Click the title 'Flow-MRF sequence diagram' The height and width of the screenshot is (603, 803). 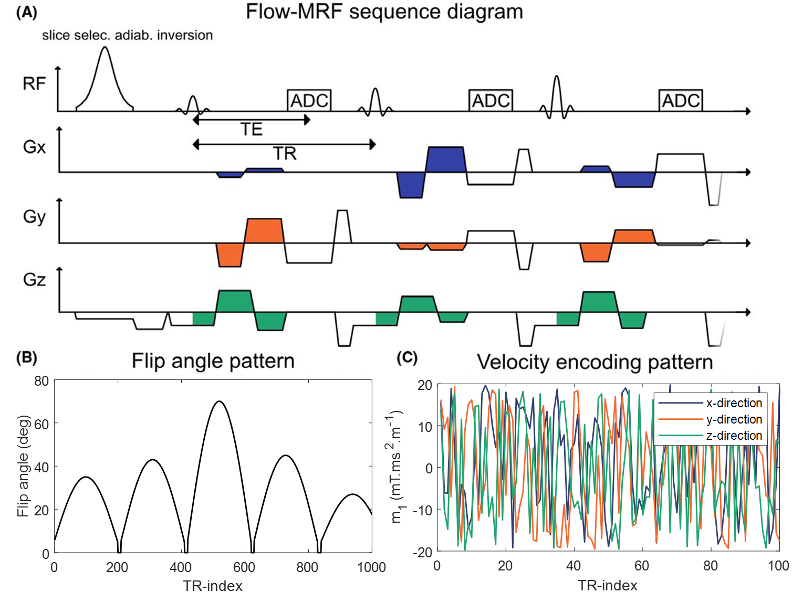click(384, 12)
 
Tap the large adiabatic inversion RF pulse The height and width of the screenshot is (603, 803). click(105, 79)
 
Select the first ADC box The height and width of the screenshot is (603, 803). click(309, 100)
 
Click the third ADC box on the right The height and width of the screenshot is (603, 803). click(681, 100)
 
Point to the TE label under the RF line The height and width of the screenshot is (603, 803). click(251, 129)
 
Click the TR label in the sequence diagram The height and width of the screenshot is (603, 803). click(285, 153)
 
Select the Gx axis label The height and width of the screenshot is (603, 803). click(34, 147)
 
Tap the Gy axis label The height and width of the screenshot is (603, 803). click(34, 217)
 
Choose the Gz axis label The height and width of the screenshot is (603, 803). click(34, 280)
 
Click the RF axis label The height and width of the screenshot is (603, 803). click(34, 83)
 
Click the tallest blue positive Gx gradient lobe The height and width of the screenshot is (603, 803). click(446, 159)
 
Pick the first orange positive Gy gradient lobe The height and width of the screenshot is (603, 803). click(264, 230)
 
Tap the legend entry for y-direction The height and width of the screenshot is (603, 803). click(734, 419)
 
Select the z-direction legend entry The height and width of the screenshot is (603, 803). click(734, 436)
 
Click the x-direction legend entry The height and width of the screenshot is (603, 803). click(734, 403)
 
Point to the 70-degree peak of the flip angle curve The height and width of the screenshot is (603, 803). click(220, 401)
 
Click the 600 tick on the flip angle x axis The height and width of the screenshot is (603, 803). click(244, 567)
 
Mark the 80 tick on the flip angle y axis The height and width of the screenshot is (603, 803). click(41, 381)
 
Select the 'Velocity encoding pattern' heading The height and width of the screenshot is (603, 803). click(595, 362)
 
